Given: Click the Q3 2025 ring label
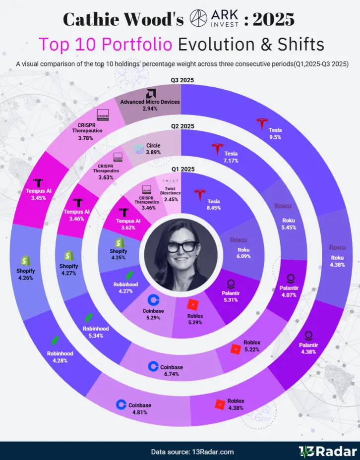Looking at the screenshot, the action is [x=182, y=80].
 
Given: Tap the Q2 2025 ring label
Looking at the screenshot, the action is [x=182, y=126].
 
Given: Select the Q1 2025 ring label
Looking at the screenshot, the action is [x=183, y=169].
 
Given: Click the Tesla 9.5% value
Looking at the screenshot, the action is [x=275, y=137].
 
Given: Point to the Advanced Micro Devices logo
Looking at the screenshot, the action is [x=151, y=94].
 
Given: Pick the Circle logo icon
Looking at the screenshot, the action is [x=139, y=149].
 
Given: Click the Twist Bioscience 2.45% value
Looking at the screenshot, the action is [x=171, y=199].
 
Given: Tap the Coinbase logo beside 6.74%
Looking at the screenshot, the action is [x=153, y=366].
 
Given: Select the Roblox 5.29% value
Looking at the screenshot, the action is [x=195, y=322].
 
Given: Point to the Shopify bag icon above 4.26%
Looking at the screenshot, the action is [x=25, y=261].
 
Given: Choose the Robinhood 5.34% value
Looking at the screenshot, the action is [x=96, y=335].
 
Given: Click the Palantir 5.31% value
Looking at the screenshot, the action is [x=231, y=300].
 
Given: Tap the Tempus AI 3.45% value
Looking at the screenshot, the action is [x=39, y=198].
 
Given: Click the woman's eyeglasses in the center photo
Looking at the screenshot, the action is [x=182, y=247].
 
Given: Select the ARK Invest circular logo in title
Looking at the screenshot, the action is [x=199, y=18].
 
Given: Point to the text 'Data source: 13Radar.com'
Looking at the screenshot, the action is [x=192, y=452].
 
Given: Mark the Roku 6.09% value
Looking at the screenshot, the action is [x=243, y=256].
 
